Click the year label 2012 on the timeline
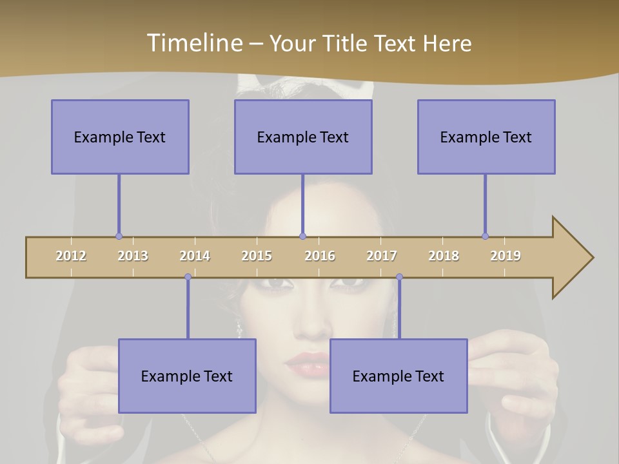point(71,256)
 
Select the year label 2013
point(133,256)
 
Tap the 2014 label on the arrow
point(195,256)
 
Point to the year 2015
point(257,256)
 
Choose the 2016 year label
point(320,256)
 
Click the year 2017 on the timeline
point(382,256)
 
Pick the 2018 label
point(444,256)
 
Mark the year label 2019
point(506,256)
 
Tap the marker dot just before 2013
point(119,236)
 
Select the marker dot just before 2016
point(302,236)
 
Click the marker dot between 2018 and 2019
point(485,236)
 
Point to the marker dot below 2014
point(188,277)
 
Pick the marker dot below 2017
point(399,277)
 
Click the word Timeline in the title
point(193,43)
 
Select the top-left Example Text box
point(120,137)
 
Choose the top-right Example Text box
point(486,137)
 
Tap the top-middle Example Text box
point(303,137)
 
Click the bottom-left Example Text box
point(187,376)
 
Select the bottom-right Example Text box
point(398,376)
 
